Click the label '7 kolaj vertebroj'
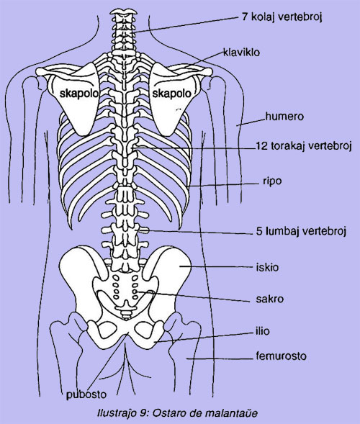pyautogui.click(x=282, y=17)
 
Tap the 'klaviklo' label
pyautogui.click(x=241, y=52)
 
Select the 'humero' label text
pyautogui.click(x=284, y=117)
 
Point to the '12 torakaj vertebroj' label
pyautogui.click(x=303, y=146)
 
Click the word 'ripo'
pyautogui.click(x=272, y=181)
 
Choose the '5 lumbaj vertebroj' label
pyautogui.click(x=301, y=231)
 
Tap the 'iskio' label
pyautogui.click(x=267, y=268)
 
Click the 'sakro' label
pyautogui.click(x=270, y=299)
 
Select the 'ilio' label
pyautogui.click(x=263, y=331)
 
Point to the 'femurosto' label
pyautogui.click(x=281, y=356)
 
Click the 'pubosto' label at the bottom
pyautogui.click(x=86, y=394)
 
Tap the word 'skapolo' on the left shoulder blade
pyautogui.click(x=79, y=94)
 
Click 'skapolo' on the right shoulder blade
pyautogui.click(x=172, y=94)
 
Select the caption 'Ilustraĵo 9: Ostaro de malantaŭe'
pyautogui.click(x=177, y=413)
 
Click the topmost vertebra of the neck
pyautogui.click(x=123, y=12)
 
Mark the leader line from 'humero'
pyautogui.click(x=251, y=122)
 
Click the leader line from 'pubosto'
pyautogui.click(x=108, y=361)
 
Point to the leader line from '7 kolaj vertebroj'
pyautogui.click(x=185, y=25)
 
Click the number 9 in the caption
pyautogui.click(x=143, y=413)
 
